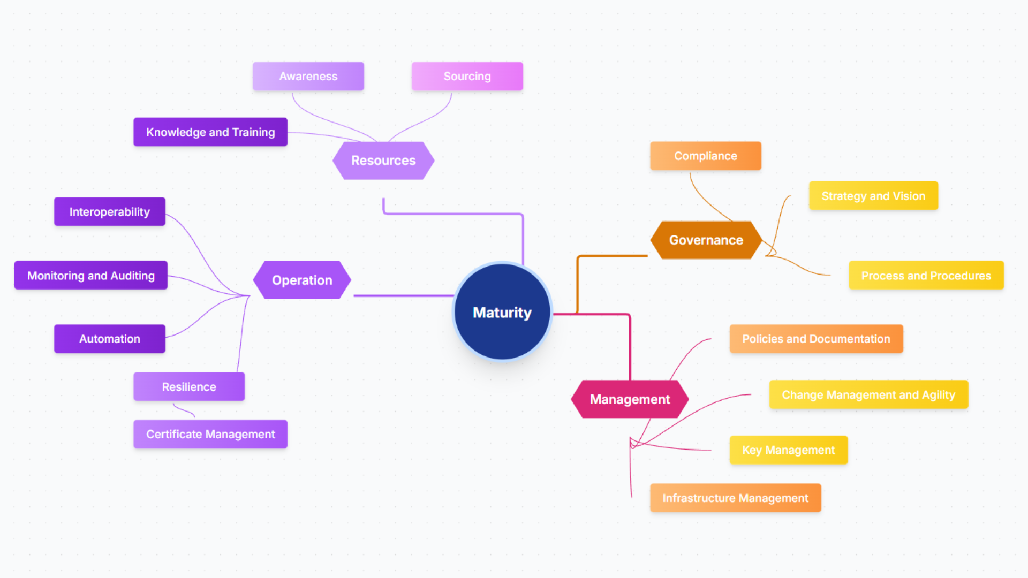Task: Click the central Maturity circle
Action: (x=502, y=312)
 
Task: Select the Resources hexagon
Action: (x=383, y=161)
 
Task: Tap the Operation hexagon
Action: (x=302, y=280)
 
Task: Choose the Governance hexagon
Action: (x=706, y=240)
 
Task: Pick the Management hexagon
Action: (x=630, y=399)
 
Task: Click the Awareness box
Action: (x=308, y=77)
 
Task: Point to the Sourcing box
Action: (x=467, y=77)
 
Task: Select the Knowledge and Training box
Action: (x=210, y=132)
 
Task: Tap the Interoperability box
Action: (x=110, y=212)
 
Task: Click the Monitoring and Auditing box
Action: (x=91, y=276)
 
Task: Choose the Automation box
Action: (x=110, y=339)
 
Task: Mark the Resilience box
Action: (x=189, y=387)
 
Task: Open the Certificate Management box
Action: (x=210, y=434)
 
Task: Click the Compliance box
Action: (x=706, y=156)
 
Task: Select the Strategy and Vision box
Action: (x=873, y=196)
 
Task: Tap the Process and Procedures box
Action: (x=926, y=276)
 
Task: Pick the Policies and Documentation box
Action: (x=816, y=339)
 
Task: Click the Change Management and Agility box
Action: (x=868, y=395)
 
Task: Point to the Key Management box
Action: (x=789, y=450)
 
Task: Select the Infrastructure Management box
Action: (x=735, y=498)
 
